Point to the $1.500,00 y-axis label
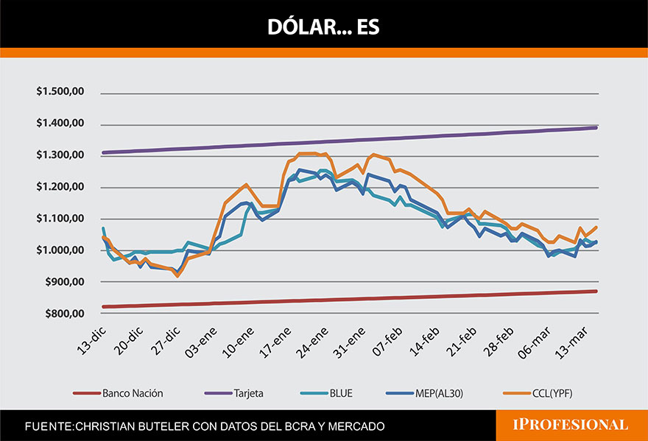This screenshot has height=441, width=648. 60,92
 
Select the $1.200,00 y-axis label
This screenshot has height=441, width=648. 60,187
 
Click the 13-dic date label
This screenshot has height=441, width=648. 92,339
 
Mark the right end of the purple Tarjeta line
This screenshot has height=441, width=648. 595,127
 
